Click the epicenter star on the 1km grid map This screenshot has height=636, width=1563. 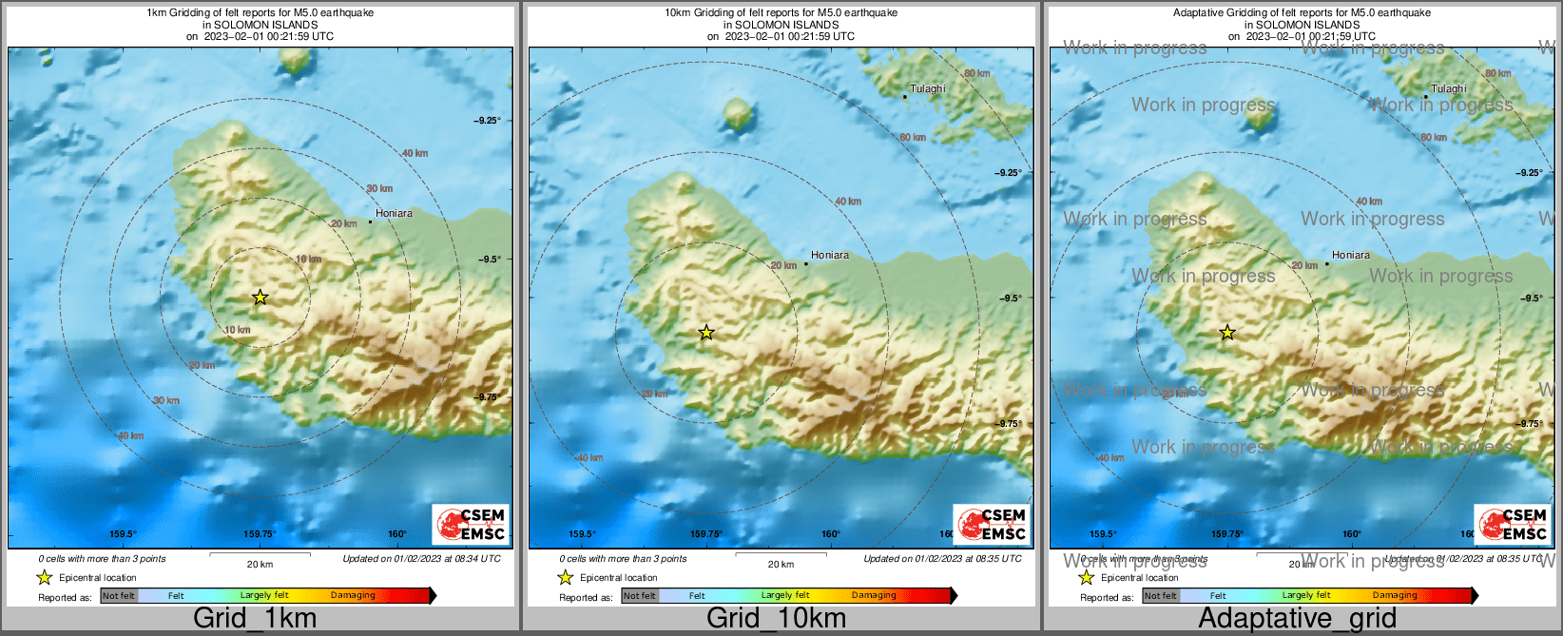pyautogui.click(x=260, y=298)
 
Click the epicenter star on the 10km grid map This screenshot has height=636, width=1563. pyautogui.click(x=706, y=333)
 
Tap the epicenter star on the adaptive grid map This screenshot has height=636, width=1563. pyautogui.click(x=1227, y=333)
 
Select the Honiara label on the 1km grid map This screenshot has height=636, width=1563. pyautogui.click(x=394, y=214)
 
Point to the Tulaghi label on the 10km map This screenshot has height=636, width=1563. pyautogui.click(x=928, y=89)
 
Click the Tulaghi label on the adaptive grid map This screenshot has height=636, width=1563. pyautogui.click(x=1449, y=89)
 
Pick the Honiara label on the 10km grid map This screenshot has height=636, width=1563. pyautogui.click(x=830, y=256)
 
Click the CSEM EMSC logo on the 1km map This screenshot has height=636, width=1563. pyautogui.click(x=472, y=525)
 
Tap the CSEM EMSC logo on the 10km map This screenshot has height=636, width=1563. pyautogui.click(x=993, y=525)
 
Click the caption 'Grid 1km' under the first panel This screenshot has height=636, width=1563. pyautogui.click(x=255, y=618)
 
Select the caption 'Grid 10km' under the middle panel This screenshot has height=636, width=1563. pyautogui.click(x=776, y=618)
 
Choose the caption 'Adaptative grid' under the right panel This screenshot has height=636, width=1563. pyautogui.click(x=1297, y=618)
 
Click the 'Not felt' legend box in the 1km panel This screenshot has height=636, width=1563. pyautogui.click(x=119, y=596)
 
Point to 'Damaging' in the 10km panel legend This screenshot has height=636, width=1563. pyautogui.click(x=874, y=596)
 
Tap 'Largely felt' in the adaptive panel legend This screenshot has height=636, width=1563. pyautogui.click(x=1306, y=596)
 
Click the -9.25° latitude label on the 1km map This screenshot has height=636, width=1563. pyautogui.click(x=487, y=121)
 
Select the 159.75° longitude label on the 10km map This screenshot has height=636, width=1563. pyautogui.click(x=705, y=534)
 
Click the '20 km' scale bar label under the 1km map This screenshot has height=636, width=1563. pyautogui.click(x=260, y=565)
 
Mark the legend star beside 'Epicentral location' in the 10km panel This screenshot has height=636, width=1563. pyautogui.click(x=565, y=578)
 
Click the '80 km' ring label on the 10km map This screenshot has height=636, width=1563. pyautogui.click(x=976, y=74)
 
